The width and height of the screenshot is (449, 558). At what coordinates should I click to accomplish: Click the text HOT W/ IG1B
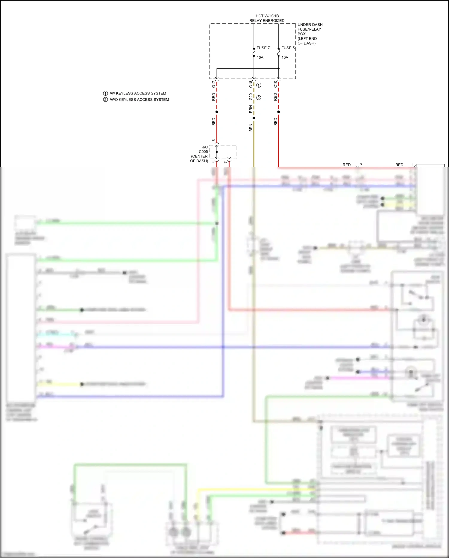pyautogui.click(x=267, y=16)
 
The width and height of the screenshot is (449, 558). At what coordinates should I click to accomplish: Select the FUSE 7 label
pyautogui.click(x=263, y=48)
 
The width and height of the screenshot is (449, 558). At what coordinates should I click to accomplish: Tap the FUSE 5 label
pyautogui.click(x=288, y=48)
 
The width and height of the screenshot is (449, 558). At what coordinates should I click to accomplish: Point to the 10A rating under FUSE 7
pyautogui.click(x=260, y=58)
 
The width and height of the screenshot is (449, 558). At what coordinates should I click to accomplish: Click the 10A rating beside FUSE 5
pyautogui.click(x=285, y=58)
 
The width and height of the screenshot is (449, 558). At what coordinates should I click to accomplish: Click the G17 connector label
pyautogui.click(x=213, y=84)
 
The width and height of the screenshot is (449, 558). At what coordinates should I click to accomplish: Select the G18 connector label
pyautogui.click(x=251, y=84)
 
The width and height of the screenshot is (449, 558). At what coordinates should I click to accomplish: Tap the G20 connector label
pyautogui.click(x=251, y=97)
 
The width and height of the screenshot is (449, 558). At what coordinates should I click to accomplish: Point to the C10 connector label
pyautogui.click(x=275, y=84)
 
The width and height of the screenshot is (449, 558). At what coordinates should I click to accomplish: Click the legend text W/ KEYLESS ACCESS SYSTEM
pyautogui.click(x=138, y=93)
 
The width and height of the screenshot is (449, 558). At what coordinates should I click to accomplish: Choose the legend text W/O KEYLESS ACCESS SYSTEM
pyautogui.click(x=139, y=100)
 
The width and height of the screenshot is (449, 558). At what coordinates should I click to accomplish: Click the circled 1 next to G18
pyautogui.click(x=259, y=85)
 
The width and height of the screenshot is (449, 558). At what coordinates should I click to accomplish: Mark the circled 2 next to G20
pyautogui.click(x=259, y=98)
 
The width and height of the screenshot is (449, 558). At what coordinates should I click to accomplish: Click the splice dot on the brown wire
pyautogui.click(x=254, y=118)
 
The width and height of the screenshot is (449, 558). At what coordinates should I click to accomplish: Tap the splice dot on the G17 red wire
pyautogui.click(x=217, y=112)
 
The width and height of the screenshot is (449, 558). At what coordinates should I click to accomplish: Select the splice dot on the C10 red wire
pyautogui.click(x=278, y=112)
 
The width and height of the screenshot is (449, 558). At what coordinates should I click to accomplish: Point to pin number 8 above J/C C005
pyautogui.click(x=213, y=140)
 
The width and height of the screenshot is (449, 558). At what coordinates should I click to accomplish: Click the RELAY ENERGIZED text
pyautogui.click(x=267, y=21)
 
